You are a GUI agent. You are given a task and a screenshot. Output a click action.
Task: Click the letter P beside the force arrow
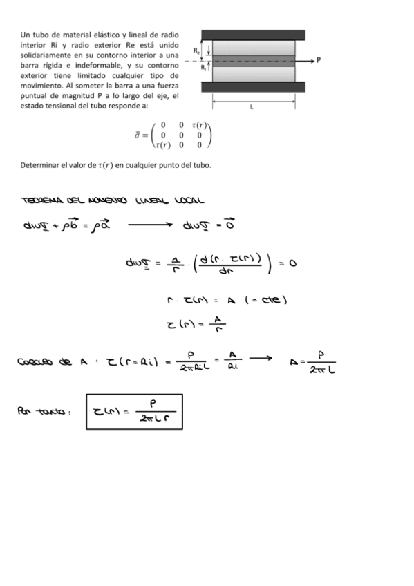319,59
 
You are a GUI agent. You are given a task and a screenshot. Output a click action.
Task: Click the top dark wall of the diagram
254,35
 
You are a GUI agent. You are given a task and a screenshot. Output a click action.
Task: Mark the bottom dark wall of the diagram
254,87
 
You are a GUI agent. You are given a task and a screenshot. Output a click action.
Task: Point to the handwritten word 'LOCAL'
187,200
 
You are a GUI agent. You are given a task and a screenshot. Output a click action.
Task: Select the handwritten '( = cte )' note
266,299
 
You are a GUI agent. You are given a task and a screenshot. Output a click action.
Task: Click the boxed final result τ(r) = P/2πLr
135,412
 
